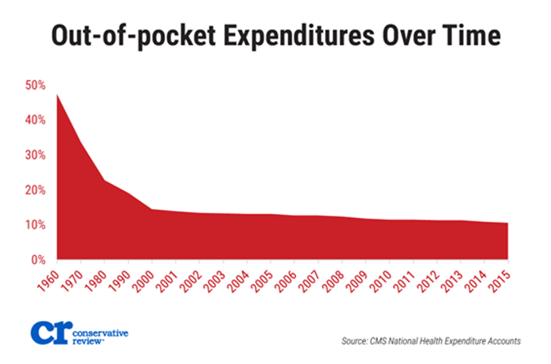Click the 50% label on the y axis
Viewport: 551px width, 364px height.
pos(35,86)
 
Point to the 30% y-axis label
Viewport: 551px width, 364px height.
pos(35,155)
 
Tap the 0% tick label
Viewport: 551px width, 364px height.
pos(38,260)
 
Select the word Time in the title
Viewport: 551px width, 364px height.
pos(469,36)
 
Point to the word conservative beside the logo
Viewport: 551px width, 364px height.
pos(100,333)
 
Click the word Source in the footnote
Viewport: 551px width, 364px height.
pos(355,340)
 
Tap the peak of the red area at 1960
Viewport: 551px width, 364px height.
pos(57,95)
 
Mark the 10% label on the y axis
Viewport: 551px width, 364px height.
pos(35,225)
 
